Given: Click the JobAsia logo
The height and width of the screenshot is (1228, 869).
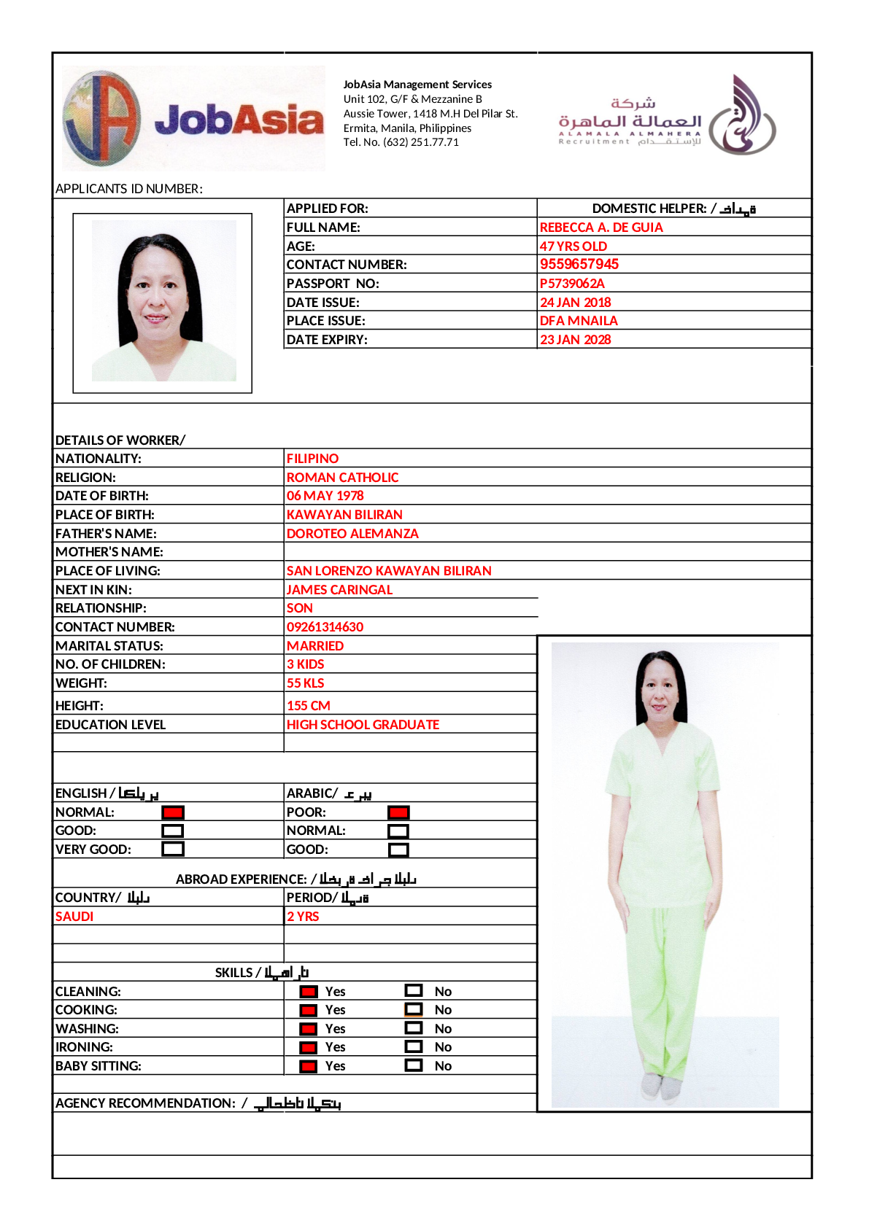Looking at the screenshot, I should pos(193,118).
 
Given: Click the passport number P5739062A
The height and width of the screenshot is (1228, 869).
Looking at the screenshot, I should pos(572,284).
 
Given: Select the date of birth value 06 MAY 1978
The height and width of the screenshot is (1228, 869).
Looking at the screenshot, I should pos(325,496).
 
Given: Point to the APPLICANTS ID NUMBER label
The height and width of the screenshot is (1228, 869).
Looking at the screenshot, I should pos(129,189).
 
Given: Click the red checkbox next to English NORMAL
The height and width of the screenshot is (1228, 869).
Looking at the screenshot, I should pos(173,812).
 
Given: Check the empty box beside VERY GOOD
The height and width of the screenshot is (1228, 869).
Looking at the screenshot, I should pos(173,849).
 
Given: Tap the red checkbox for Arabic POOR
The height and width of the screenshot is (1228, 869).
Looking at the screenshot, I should pos(398,812).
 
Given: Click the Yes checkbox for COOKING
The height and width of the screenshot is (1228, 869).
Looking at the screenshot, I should pos(309,1010).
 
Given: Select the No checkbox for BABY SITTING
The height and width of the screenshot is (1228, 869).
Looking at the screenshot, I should pos(414,1065).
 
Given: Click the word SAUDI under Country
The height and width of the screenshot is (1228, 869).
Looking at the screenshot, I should pos(74,917).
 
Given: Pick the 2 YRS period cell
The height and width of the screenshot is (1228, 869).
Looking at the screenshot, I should pos(303,917).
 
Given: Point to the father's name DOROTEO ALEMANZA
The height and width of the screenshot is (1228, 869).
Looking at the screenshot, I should pos(352,534).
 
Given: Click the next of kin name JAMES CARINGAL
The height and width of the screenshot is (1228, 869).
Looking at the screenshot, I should pos(339,590).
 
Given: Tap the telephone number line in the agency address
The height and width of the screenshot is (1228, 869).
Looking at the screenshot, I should pos(401,142).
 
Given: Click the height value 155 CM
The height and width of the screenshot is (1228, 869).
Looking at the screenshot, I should pos(308,706).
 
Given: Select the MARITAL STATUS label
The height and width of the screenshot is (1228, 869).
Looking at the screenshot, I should pos(109,646).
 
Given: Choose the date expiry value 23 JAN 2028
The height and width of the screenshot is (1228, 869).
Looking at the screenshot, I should pos(575,340).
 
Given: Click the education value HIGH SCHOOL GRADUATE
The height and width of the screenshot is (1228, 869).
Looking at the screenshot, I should pos(363,725).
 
